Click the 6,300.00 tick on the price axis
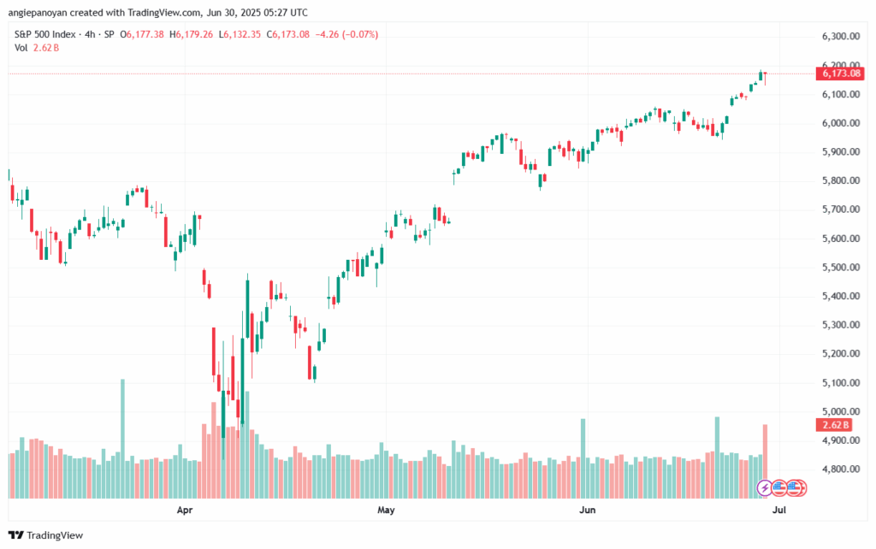point(839,37)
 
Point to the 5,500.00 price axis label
point(839,267)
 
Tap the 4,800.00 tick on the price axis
point(839,469)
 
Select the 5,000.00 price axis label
point(839,411)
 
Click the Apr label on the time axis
point(184,511)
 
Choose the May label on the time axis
point(386,511)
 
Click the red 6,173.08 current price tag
point(841,74)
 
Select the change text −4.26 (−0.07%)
point(347,34)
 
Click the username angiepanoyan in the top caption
point(38,11)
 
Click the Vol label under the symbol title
point(21,48)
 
